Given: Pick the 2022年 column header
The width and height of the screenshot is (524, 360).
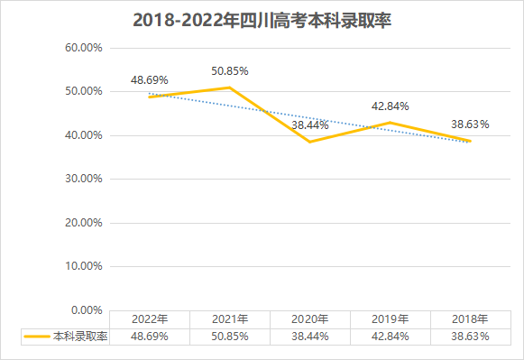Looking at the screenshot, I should pyautogui.click(x=149, y=319).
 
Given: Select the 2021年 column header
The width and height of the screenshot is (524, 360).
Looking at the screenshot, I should pyautogui.click(x=230, y=319).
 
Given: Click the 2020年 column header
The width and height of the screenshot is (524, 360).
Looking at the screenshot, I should pyautogui.click(x=310, y=319).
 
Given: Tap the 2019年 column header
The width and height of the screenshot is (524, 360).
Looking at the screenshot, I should pyautogui.click(x=391, y=319).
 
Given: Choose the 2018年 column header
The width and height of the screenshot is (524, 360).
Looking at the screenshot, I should pyautogui.click(x=470, y=319).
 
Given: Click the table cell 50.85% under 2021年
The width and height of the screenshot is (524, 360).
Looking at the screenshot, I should pyautogui.click(x=230, y=336).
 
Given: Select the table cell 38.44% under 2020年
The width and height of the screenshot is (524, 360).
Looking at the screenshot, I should pyautogui.click(x=310, y=336).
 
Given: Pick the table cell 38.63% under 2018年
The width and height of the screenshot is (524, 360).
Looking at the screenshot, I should pyautogui.click(x=470, y=336).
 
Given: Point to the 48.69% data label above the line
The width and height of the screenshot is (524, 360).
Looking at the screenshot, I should pyautogui.click(x=150, y=80).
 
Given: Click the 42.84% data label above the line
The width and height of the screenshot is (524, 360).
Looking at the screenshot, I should pyautogui.click(x=391, y=106).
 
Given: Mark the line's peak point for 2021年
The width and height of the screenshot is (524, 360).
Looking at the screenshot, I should pyautogui.click(x=230, y=88).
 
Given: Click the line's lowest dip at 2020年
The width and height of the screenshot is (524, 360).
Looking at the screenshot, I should pyautogui.click(x=310, y=142).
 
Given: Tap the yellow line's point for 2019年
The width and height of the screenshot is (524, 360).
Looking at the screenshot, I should pyautogui.click(x=391, y=123).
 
